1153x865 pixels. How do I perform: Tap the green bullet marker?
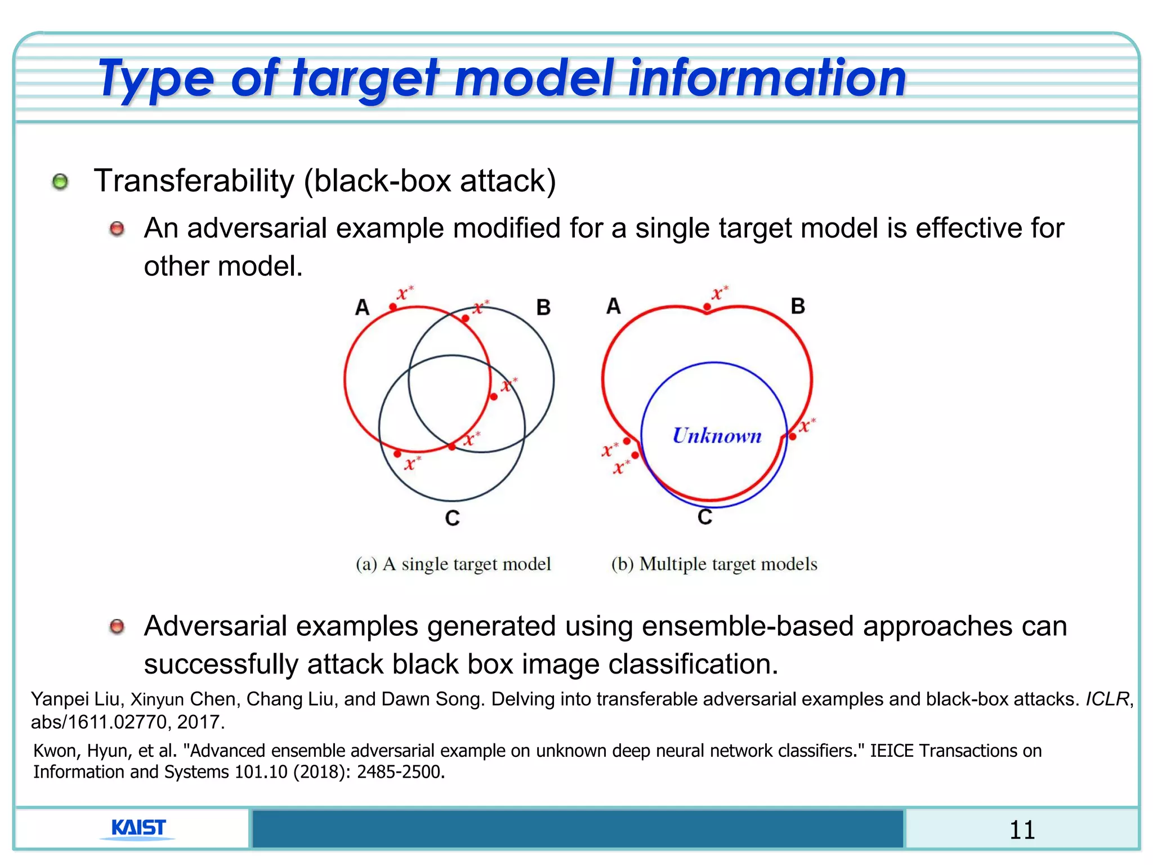tap(60, 182)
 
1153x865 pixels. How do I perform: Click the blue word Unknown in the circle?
tap(717, 436)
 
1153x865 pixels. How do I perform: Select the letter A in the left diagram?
tap(362, 307)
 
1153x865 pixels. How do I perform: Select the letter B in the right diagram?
tap(798, 306)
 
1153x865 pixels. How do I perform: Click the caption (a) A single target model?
tap(453, 564)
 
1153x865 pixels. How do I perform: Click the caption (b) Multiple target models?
tap(714, 564)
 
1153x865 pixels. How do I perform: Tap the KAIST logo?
tap(138, 828)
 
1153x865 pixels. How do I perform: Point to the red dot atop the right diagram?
tap(707, 307)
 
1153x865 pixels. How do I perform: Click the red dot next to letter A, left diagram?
tap(393, 307)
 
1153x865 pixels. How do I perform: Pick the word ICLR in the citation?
tap(1107, 699)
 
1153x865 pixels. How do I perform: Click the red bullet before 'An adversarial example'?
tap(117, 229)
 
